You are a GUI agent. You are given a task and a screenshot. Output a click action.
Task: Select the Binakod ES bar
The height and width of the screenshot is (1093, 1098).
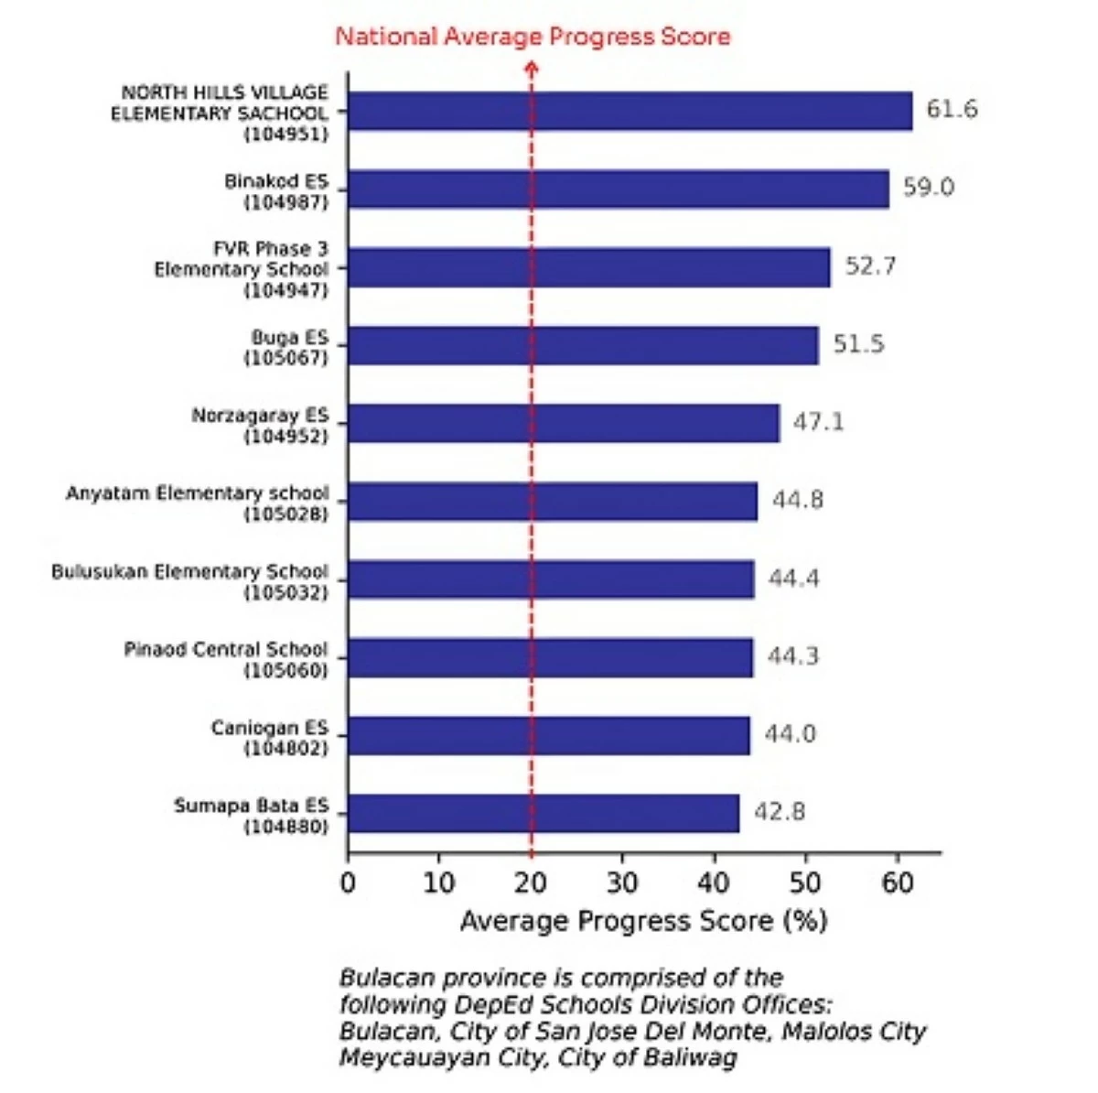[x=618, y=189]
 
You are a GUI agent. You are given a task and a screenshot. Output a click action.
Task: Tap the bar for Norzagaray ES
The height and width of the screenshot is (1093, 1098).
[x=564, y=423]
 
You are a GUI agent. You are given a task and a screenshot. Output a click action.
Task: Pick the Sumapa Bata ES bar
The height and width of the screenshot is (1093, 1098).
[x=544, y=813]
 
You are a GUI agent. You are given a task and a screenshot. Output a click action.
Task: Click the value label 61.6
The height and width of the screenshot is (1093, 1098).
[x=952, y=110]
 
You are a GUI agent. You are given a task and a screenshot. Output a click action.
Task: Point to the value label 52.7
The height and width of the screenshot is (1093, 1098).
[x=870, y=266]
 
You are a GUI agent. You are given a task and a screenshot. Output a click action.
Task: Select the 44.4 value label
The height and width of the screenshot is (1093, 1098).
[x=793, y=579]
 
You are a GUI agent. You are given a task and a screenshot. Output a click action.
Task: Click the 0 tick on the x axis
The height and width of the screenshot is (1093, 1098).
[x=348, y=882]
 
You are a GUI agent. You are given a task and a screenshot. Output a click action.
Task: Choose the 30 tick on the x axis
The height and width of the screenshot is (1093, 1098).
[x=622, y=882]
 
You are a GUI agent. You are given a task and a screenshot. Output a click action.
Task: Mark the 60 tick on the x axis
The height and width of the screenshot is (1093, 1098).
[x=898, y=882]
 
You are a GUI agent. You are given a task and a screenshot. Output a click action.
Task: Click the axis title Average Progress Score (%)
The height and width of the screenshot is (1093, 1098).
[x=643, y=921]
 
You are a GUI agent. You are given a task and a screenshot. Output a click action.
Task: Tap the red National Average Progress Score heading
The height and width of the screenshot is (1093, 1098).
[x=533, y=37]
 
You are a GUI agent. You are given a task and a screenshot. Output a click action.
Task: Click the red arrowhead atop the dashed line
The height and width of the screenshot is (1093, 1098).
[x=532, y=67]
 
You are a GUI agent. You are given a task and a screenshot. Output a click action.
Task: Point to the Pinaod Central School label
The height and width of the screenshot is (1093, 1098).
[x=226, y=659]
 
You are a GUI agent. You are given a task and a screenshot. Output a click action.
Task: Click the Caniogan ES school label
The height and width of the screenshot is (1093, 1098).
[x=269, y=738]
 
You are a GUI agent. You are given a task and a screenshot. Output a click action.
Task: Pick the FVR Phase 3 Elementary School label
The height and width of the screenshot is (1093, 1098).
[x=241, y=269]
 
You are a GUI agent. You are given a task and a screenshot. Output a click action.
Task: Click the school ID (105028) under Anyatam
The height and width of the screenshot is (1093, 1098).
[x=285, y=514]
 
